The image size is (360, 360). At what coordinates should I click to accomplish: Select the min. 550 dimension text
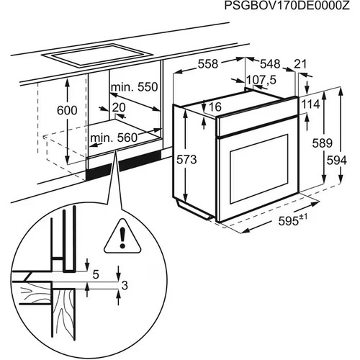pos(134,87)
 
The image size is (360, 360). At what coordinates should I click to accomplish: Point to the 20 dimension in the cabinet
pos(119,107)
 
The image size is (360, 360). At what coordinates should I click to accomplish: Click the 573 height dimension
pos(187,161)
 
